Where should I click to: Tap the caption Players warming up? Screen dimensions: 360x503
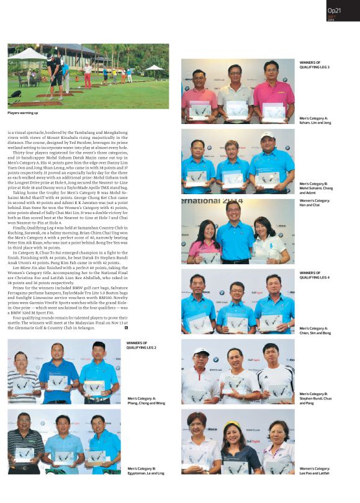(x=23, y=112)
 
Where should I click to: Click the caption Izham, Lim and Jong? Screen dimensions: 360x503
(x=315, y=120)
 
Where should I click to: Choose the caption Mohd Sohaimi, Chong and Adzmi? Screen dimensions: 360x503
(x=315, y=189)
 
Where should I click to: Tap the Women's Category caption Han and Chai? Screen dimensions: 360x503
(x=315, y=204)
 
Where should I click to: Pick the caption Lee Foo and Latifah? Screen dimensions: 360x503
(x=315, y=471)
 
